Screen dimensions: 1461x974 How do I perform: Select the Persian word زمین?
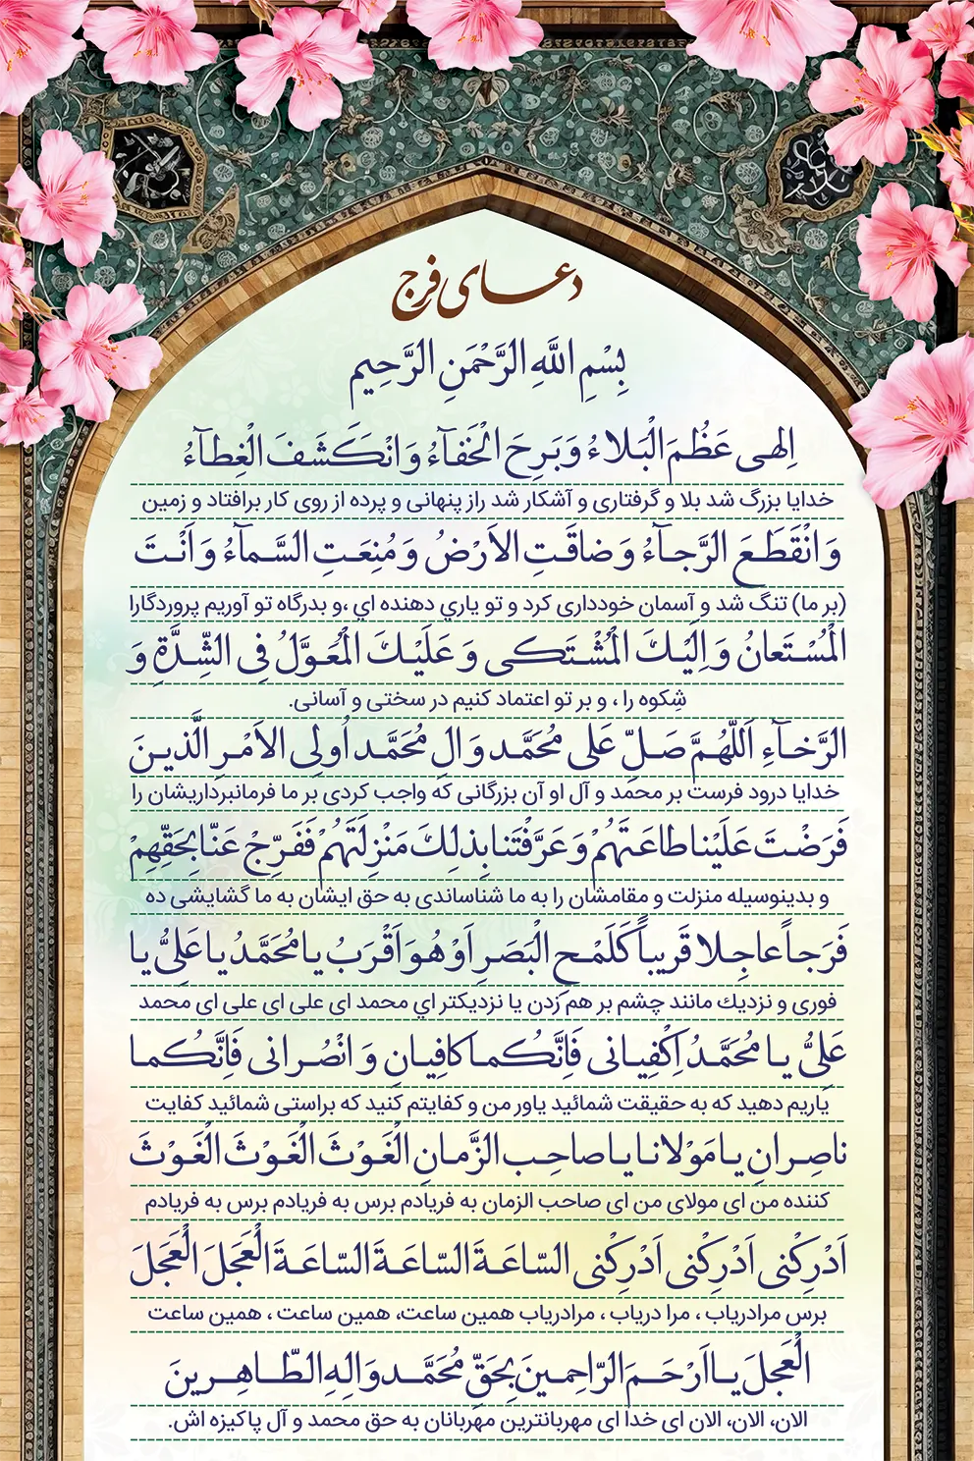[x=165, y=502]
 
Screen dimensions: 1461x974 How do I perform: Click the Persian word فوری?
[x=813, y=1003]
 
